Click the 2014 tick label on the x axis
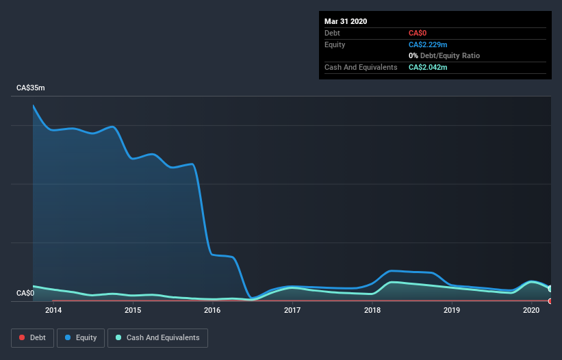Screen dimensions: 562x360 click(x=53, y=310)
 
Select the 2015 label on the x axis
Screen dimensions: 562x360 click(x=133, y=310)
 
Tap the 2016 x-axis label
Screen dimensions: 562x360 click(x=212, y=310)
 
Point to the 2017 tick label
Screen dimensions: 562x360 click(x=292, y=310)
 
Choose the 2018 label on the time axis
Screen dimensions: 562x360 click(x=372, y=310)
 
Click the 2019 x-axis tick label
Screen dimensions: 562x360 click(x=452, y=310)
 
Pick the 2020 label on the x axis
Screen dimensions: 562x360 click(x=531, y=310)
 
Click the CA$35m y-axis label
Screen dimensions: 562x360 click(x=31, y=88)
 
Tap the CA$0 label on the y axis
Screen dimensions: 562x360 click(x=25, y=293)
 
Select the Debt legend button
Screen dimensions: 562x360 click(x=33, y=338)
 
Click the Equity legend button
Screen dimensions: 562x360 click(x=81, y=338)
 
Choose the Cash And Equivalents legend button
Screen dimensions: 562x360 click(x=157, y=338)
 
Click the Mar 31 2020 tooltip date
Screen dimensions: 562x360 click(x=346, y=21)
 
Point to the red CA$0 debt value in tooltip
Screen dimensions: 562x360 click(x=418, y=33)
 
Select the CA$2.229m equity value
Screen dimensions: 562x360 click(x=428, y=44)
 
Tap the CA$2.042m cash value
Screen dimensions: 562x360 click(x=428, y=67)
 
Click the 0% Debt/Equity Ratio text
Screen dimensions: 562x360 click(x=444, y=55)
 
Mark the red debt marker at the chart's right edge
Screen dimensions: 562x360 click(x=550, y=301)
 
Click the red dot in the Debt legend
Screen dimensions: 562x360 click(x=22, y=337)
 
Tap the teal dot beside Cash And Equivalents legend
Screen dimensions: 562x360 click(x=118, y=337)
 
